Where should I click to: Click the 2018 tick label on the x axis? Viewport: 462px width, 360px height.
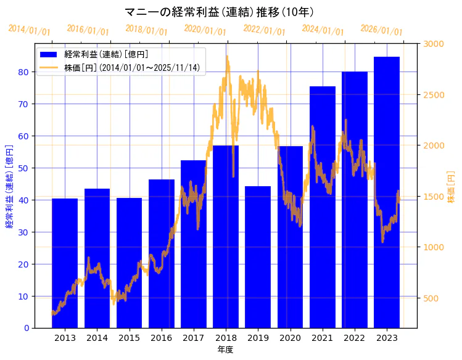pos(226,338)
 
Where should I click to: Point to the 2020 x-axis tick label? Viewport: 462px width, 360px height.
pos(290,338)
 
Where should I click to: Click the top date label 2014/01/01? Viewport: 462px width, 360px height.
pos(29,30)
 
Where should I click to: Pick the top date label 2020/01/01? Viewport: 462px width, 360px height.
pos(205,30)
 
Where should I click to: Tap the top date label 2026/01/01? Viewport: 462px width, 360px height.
pos(381,30)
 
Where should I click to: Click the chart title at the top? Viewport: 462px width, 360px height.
pos(219,12)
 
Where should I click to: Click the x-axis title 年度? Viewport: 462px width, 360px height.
pos(225,350)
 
